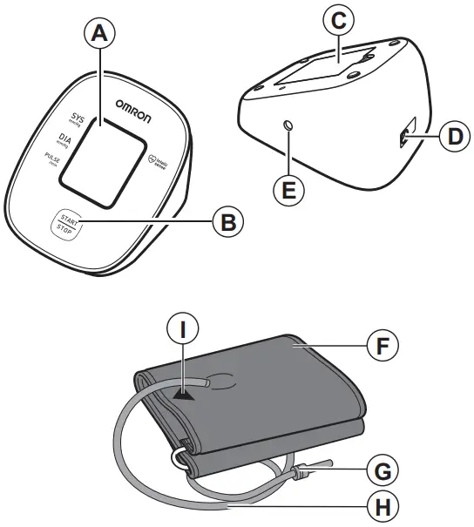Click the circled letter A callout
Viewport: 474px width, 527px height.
(x=103, y=34)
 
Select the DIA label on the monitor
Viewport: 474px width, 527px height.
(x=64, y=138)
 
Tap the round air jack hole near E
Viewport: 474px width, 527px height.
(x=288, y=127)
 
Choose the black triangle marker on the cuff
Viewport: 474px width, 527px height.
(x=183, y=394)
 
